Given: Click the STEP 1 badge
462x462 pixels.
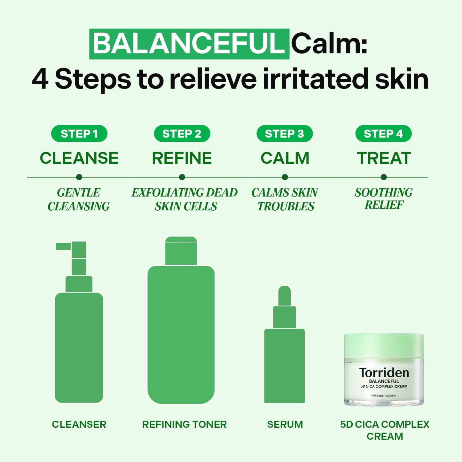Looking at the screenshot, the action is pos(79,134).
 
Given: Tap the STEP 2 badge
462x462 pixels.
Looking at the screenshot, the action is pos(182,134).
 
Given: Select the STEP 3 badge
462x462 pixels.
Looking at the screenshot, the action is pos(285,134).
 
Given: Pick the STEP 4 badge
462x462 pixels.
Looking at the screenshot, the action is pos(383,134).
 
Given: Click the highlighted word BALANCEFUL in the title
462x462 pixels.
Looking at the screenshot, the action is pos(189,44).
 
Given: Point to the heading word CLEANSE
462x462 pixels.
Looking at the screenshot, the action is pos(79,158).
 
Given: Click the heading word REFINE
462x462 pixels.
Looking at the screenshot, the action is pos(182,158).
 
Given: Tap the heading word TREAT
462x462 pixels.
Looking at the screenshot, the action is pos(384,158).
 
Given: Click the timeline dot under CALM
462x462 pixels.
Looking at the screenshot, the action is pos(285,177).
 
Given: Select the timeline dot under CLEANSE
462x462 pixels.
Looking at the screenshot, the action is pos(79,177).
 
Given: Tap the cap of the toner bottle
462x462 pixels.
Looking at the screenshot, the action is pos(181,251).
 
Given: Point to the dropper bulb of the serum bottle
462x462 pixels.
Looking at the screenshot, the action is pos(285,296).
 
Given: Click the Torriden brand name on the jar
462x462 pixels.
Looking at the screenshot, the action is pos(384,373).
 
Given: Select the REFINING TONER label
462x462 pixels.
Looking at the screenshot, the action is pos(184,424).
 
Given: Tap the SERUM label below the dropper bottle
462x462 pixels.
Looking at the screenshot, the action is pos(285,424).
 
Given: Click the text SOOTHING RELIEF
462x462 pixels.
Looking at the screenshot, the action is pos(384,199).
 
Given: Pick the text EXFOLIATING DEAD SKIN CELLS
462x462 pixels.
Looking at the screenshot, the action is pos(184,200).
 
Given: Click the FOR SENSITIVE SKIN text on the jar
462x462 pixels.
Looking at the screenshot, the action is pos(384,395).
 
